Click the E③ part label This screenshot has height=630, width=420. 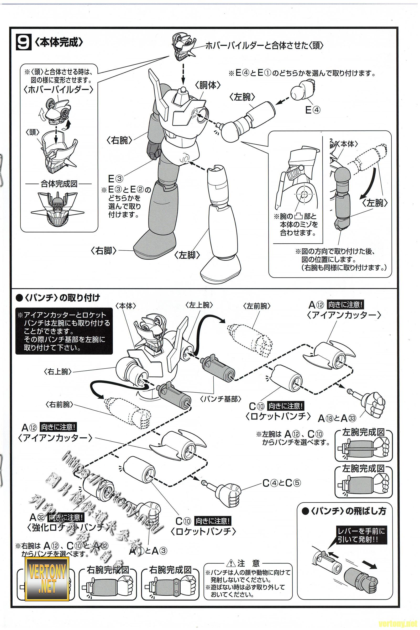(115, 178)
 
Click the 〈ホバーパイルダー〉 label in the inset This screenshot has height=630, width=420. (59, 90)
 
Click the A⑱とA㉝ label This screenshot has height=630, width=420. (337, 418)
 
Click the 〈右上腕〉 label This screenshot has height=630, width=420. (57, 372)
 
